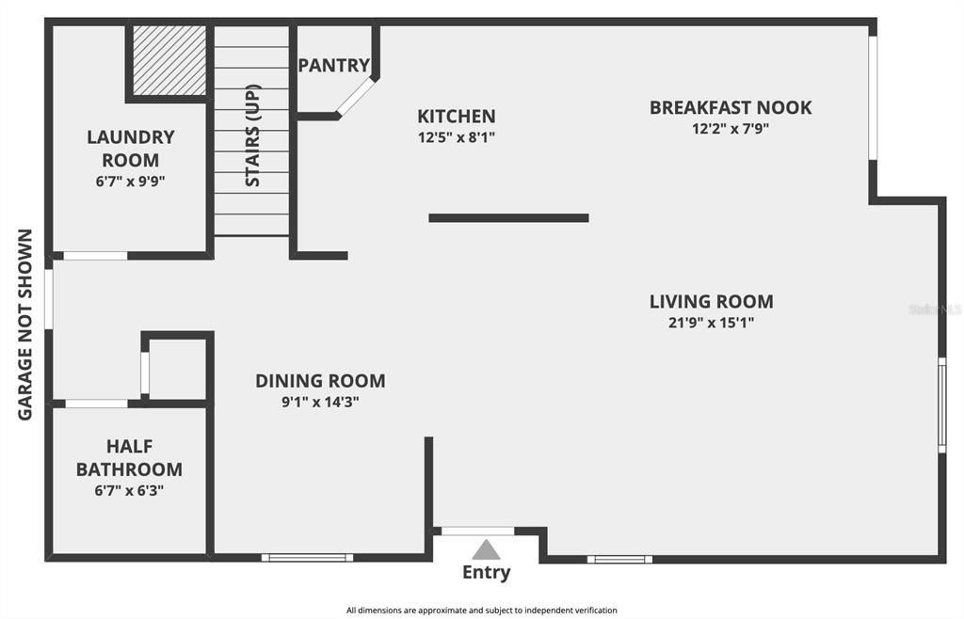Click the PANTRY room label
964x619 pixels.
coord(334,65)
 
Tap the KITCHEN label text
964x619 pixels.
coord(457,116)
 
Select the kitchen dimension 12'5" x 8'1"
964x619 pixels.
coord(457,137)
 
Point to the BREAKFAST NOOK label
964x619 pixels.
coord(731,107)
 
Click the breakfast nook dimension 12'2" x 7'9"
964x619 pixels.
coord(731,128)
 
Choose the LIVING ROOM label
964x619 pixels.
coord(712,302)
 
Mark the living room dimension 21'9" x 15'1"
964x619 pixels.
coord(712,323)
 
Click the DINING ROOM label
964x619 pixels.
coord(320,381)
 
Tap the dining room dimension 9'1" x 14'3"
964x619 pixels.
coord(320,403)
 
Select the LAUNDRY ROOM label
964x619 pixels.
coord(130,148)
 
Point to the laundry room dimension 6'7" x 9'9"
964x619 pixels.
coord(130,182)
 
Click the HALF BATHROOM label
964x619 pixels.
coord(129,457)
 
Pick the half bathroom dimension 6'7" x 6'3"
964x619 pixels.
coord(129,491)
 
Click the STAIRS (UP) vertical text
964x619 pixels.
coord(252,135)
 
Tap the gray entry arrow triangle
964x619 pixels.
coord(486,549)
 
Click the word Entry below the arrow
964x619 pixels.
coord(487,572)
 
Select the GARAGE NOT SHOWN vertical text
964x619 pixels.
coord(24,325)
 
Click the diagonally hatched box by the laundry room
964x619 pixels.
coord(169,60)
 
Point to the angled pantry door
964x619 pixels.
coord(355,96)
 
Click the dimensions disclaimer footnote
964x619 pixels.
coord(481,611)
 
